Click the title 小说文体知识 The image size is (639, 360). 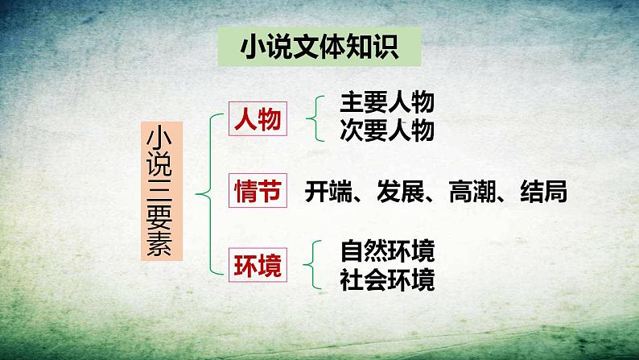[319, 48]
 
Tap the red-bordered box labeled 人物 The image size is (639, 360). [258, 120]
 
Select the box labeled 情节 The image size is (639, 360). [258, 192]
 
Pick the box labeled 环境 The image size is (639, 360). [258, 266]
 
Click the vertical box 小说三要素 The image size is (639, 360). [163, 191]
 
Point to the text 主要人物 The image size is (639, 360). [387, 103]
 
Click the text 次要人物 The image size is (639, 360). [387, 130]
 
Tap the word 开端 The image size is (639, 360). [328, 192]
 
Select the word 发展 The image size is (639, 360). [394, 192]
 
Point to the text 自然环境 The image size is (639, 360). [387, 251]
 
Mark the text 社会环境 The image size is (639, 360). [387, 279]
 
